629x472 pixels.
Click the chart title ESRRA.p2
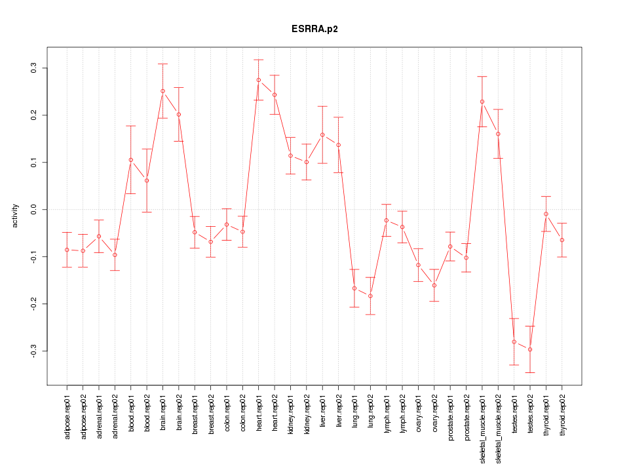click(x=314, y=29)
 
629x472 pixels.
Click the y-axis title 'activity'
click(x=15, y=216)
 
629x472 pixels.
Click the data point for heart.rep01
click(x=259, y=80)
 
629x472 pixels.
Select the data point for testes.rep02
click(x=530, y=349)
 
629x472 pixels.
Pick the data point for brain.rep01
click(x=162, y=91)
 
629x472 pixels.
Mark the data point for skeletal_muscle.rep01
click(x=482, y=102)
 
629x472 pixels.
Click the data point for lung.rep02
click(x=370, y=296)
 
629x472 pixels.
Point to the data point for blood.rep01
click(x=131, y=160)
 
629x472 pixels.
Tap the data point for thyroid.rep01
click(x=546, y=214)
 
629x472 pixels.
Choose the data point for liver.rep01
click(x=322, y=135)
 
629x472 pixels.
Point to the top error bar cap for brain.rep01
click(x=162, y=64)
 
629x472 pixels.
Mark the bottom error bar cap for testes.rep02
click(x=530, y=372)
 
